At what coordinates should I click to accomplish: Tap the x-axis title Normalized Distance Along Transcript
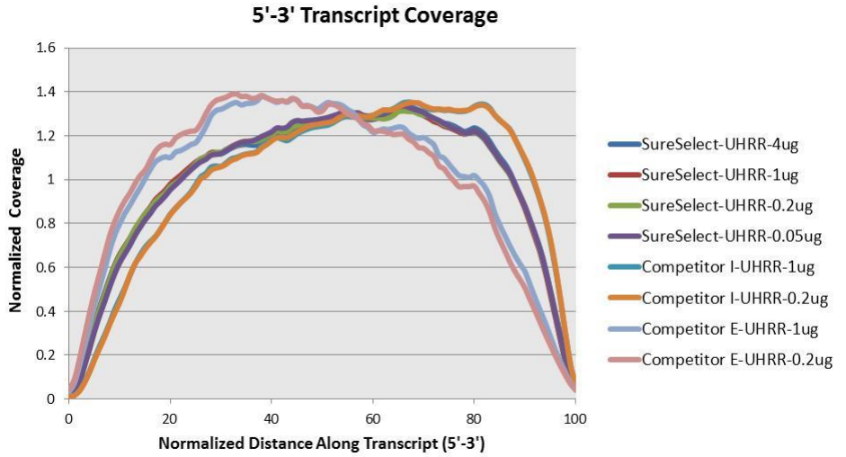coord(321,444)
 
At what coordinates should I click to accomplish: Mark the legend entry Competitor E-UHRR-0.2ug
coord(738,360)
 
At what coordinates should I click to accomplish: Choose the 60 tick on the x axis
coord(373,417)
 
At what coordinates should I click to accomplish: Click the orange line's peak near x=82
coord(484,104)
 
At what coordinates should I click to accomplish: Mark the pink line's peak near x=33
coord(236,94)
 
